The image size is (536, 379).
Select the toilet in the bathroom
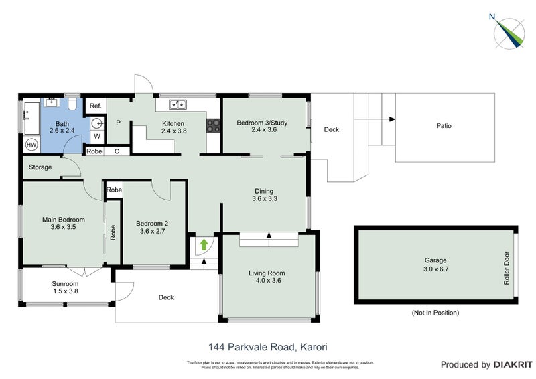click(x=71, y=104)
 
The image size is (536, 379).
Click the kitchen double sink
click(x=178, y=104)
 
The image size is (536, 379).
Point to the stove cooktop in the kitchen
click(x=214, y=123)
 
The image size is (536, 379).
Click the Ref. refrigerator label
click(x=95, y=106)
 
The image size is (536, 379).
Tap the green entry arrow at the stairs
click(x=203, y=245)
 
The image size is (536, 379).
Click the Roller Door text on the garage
click(x=507, y=269)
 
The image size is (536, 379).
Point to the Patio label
click(x=444, y=125)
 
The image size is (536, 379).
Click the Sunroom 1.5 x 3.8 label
click(x=66, y=287)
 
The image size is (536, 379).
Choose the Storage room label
click(x=40, y=167)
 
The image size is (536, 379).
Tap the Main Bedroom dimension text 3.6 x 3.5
click(x=63, y=227)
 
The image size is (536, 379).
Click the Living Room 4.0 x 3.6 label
click(x=267, y=277)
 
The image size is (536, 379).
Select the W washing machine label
click(x=96, y=137)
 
